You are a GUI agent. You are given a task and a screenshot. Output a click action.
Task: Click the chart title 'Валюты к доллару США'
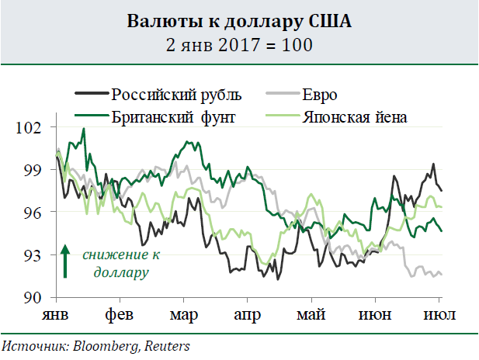(x=239, y=21)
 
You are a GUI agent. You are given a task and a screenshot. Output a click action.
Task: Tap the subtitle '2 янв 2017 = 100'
(x=239, y=44)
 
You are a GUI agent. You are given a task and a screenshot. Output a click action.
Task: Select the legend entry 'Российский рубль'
(x=177, y=95)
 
